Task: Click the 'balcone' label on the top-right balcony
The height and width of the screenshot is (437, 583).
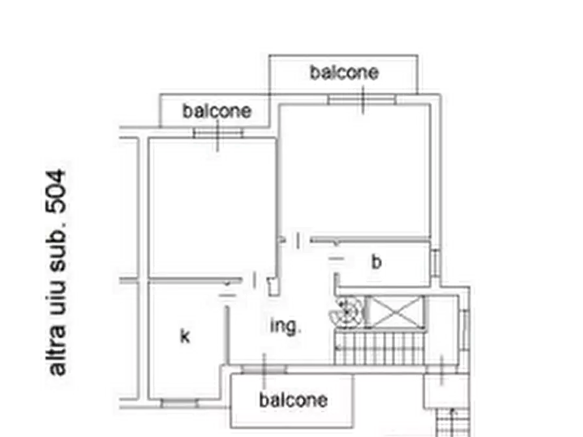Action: coord(344,72)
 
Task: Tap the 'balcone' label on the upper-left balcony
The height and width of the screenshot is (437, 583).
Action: coord(217,111)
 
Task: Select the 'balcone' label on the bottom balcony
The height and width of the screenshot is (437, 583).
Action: coord(293,400)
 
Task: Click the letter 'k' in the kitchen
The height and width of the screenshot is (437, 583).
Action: coord(185,336)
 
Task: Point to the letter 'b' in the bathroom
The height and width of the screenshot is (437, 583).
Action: coord(376,262)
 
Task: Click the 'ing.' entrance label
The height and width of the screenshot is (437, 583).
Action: coord(285,327)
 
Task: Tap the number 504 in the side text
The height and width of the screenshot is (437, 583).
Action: coord(56,191)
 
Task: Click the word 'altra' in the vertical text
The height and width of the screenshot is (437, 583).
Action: coord(57,350)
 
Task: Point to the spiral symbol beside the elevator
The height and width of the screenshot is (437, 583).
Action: coord(346,312)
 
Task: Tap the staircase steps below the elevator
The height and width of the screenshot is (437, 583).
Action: coord(379,348)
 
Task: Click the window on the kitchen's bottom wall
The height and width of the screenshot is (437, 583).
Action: coord(180,403)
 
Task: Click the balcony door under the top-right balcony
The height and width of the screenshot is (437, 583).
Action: coord(362,100)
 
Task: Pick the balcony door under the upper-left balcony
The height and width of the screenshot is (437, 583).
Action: coord(218,132)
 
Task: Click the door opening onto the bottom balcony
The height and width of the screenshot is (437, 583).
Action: coord(264,369)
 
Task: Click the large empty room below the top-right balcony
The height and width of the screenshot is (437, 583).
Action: coord(355,171)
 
